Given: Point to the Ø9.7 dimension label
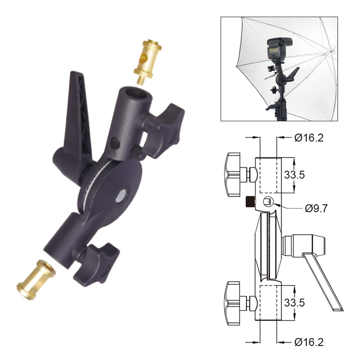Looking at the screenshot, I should pyautogui.click(x=315, y=208).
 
